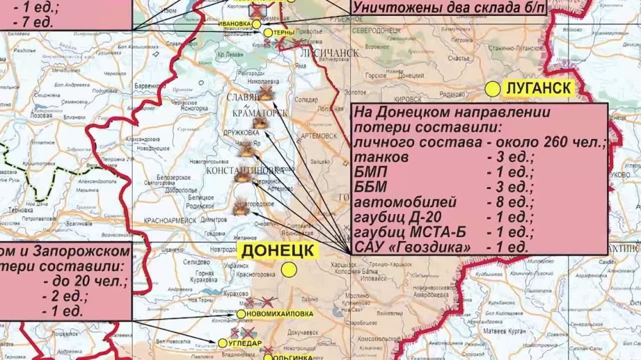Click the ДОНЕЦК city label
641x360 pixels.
277,250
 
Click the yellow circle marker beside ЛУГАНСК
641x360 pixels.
492,90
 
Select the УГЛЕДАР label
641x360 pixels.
245,343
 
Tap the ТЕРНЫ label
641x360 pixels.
283,32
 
